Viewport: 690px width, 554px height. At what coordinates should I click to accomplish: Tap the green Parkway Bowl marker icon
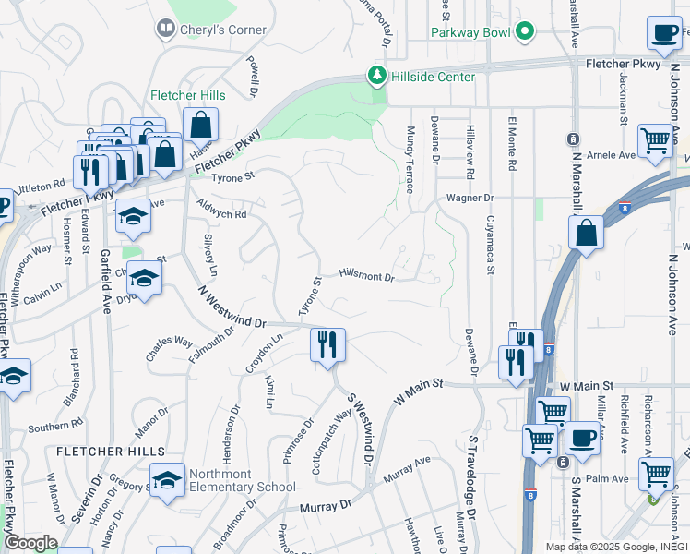pyautogui.click(x=526, y=31)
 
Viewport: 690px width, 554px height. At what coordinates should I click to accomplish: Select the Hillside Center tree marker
pyautogui.click(x=376, y=75)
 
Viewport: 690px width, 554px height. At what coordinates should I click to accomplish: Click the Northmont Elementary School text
pyautogui.click(x=242, y=480)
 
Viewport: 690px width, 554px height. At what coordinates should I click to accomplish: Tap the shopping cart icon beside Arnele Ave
pyautogui.click(x=656, y=141)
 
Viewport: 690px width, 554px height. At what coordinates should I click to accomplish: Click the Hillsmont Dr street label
pyautogui.click(x=366, y=275)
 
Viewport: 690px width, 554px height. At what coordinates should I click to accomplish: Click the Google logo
pyautogui.click(x=30, y=543)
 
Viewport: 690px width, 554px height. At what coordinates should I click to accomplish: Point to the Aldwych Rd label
pyautogui.click(x=221, y=208)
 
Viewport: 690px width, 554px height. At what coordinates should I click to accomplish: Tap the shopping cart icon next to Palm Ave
pyautogui.click(x=656, y=474)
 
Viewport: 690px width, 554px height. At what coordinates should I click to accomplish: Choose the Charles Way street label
pyautogui.click(x=169, y=347)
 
